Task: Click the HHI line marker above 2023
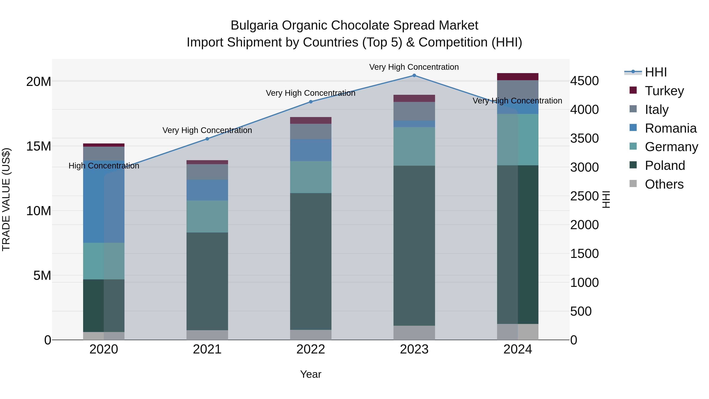pos(414,75)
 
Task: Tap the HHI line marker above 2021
pos(207,139)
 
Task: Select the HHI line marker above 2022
pos(311,102)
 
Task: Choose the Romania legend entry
pos(670,128)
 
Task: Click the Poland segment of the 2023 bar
pos(414,245)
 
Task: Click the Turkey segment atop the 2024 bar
pos(517,77)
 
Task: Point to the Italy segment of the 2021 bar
pos(207,172)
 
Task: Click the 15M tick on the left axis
pos(39,146)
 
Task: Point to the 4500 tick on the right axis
pos(584,81)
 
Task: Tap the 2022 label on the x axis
pos(311,349)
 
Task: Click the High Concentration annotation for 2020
pos(104,166)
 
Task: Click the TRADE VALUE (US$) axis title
pos(6,199)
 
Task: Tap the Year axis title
pos(311,374)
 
